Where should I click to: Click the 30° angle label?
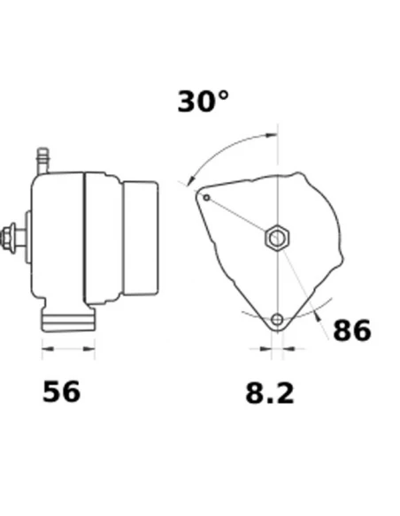point(203,102)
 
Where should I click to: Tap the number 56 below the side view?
point(61,391)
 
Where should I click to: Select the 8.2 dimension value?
point(270,393)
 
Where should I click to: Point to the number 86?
point(352,330)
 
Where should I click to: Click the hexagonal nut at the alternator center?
point(277,238)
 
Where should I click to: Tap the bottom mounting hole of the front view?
point(277,319)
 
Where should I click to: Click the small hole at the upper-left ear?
point(206,198)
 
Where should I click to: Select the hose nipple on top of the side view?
point(42,161)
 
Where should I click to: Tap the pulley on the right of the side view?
point(141,238)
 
